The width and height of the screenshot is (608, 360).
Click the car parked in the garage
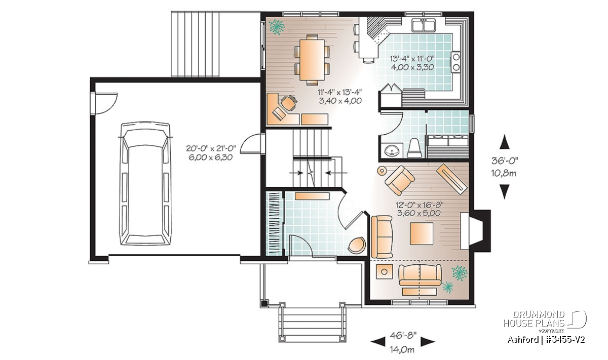tap(145, 183)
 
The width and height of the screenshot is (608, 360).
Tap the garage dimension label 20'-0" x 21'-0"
tap(211, 148)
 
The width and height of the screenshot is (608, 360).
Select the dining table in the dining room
tap(312, 60)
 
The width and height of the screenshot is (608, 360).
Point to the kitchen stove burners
tap(455, 62)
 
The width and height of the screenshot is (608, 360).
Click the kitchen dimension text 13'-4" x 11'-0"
tap(412, 58)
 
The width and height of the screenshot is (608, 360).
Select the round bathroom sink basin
tap(391, 151)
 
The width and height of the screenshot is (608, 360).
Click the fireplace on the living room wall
tap(475, 231)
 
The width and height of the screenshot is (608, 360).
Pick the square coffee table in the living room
tap(421, 233)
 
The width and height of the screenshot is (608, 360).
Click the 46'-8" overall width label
tap(403, 336)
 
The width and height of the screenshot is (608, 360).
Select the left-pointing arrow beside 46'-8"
tap(378, 342)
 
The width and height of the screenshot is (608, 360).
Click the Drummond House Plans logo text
tap(534, 319)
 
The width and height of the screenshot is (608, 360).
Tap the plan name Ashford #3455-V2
tap(546, 340)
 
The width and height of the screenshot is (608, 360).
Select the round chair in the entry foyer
tap(357, 245)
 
